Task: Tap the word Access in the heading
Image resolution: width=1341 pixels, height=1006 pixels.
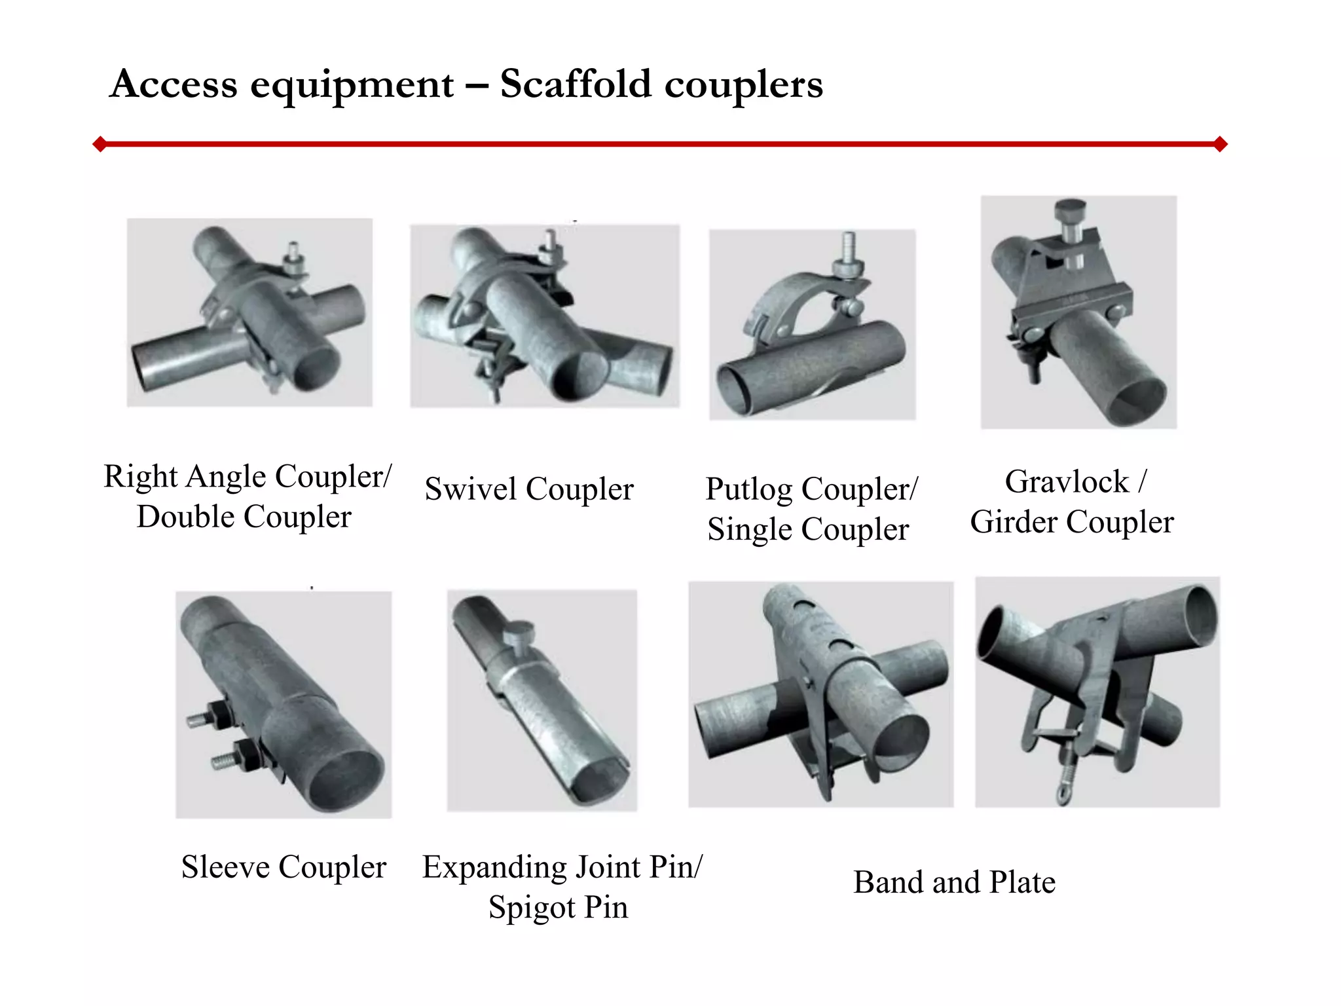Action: [174, 84]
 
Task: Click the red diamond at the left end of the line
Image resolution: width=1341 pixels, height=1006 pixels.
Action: [100, 144]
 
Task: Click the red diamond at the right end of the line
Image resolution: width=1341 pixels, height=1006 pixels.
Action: [1220, 144]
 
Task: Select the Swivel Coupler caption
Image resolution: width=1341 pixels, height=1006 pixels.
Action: [529, 489]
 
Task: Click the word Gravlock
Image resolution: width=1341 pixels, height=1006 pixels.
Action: [1067, 481]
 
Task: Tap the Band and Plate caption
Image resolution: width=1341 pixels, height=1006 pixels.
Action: [955, 882]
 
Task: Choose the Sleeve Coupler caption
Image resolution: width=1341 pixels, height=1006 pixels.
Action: [284, 867]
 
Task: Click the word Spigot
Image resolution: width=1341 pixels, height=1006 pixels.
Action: [532, 908]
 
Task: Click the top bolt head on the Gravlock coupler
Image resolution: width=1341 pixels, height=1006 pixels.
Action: [1070, 211]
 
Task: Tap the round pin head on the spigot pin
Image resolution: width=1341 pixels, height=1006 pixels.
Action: [519, 632]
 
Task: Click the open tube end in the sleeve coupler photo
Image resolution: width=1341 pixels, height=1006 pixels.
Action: [346, 780]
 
